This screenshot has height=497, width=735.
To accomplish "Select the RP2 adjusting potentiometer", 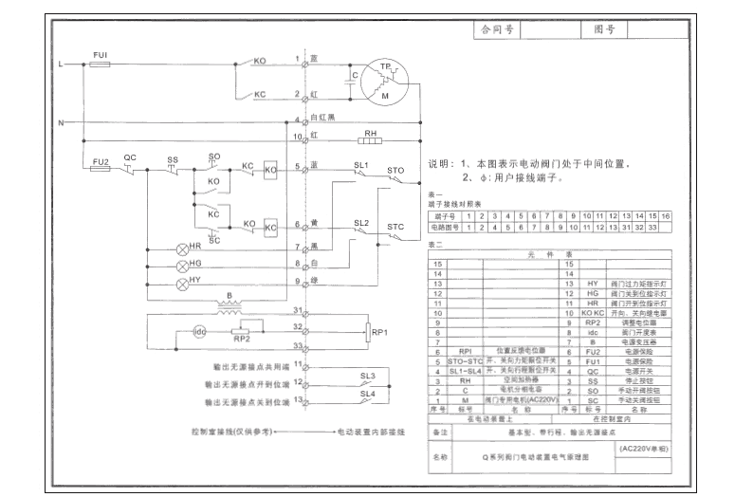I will [241, 334].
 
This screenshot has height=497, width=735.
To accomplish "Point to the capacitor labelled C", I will [357, 77].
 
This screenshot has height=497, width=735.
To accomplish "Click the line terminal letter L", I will [61, 64].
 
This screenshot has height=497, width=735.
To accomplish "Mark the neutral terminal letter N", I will [61, 123].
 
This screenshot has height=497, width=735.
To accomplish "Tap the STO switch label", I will [395, 171].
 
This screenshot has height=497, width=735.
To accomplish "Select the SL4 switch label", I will [368, 393].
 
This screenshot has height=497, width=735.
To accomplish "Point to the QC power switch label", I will [130, 158].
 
